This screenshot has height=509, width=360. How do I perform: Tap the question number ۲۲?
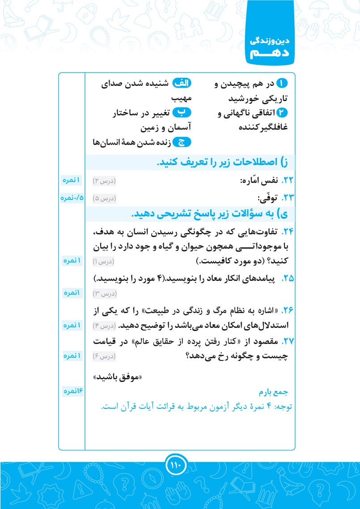tap(287, 181)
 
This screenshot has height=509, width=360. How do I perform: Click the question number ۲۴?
tap(287, 232)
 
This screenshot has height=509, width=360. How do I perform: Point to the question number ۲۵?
tap(288, 278)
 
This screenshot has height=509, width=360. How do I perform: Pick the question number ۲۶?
tap(287, 310)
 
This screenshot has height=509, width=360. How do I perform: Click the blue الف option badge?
tap(182, 83)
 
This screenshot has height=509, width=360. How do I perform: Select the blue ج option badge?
tap(182, 143)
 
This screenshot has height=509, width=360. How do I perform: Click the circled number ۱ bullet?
tap(282, 83)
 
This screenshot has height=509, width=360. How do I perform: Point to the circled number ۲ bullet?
tap(282, 113)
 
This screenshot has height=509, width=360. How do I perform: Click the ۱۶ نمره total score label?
tap(72, 391)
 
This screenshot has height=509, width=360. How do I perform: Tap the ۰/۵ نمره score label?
tap(72, 198)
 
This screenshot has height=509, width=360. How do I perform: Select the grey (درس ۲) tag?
tap(104, 181)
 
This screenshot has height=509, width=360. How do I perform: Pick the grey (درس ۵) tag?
tap(104, 198)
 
